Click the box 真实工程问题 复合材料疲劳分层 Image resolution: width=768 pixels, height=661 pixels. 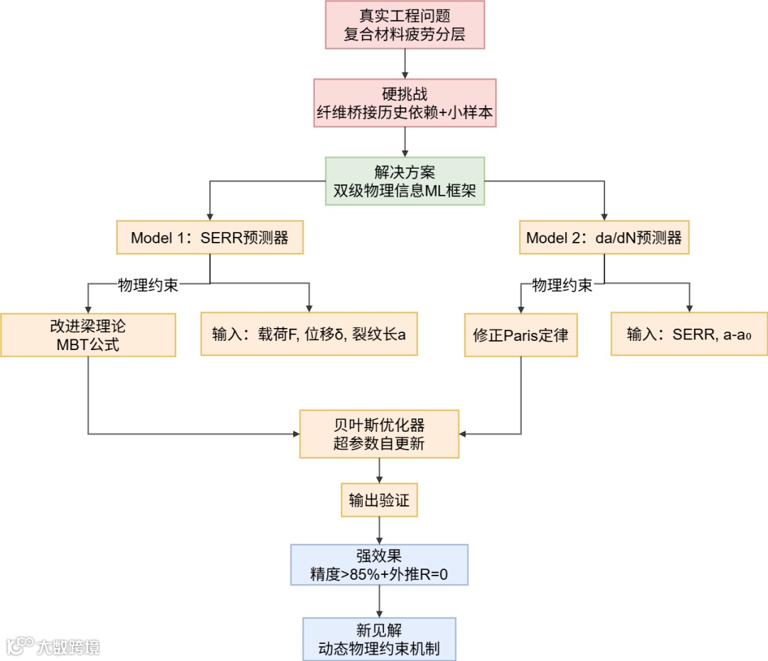pos(405,25)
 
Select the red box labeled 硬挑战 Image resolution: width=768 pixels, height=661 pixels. pos(405,103)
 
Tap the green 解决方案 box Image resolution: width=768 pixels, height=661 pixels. pos(405,181)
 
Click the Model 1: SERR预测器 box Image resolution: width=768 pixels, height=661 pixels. pos(210,238)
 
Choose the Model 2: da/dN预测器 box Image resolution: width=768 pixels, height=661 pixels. pos(604,238)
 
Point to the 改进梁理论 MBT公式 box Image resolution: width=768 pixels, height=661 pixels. pos(88,335)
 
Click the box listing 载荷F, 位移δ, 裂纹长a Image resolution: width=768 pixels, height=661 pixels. pos(309,334)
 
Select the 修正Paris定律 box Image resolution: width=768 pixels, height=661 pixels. pos(521,335)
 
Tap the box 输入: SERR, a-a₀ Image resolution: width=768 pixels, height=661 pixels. pos(688,334)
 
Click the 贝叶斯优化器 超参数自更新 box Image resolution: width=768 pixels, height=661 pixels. pos(379,434)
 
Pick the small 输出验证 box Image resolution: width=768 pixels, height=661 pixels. pos(379,500)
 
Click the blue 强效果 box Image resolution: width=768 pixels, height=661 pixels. pos(379,564)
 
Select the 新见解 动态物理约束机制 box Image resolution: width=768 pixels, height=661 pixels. pos(379,639)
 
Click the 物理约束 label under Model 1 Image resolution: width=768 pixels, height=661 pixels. pos(147,285)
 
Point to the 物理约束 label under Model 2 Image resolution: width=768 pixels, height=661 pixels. pos(562,285)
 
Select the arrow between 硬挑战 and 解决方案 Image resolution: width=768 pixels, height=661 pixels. pos(405,142)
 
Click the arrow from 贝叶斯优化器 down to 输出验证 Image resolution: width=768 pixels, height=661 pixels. pos(379,470)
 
